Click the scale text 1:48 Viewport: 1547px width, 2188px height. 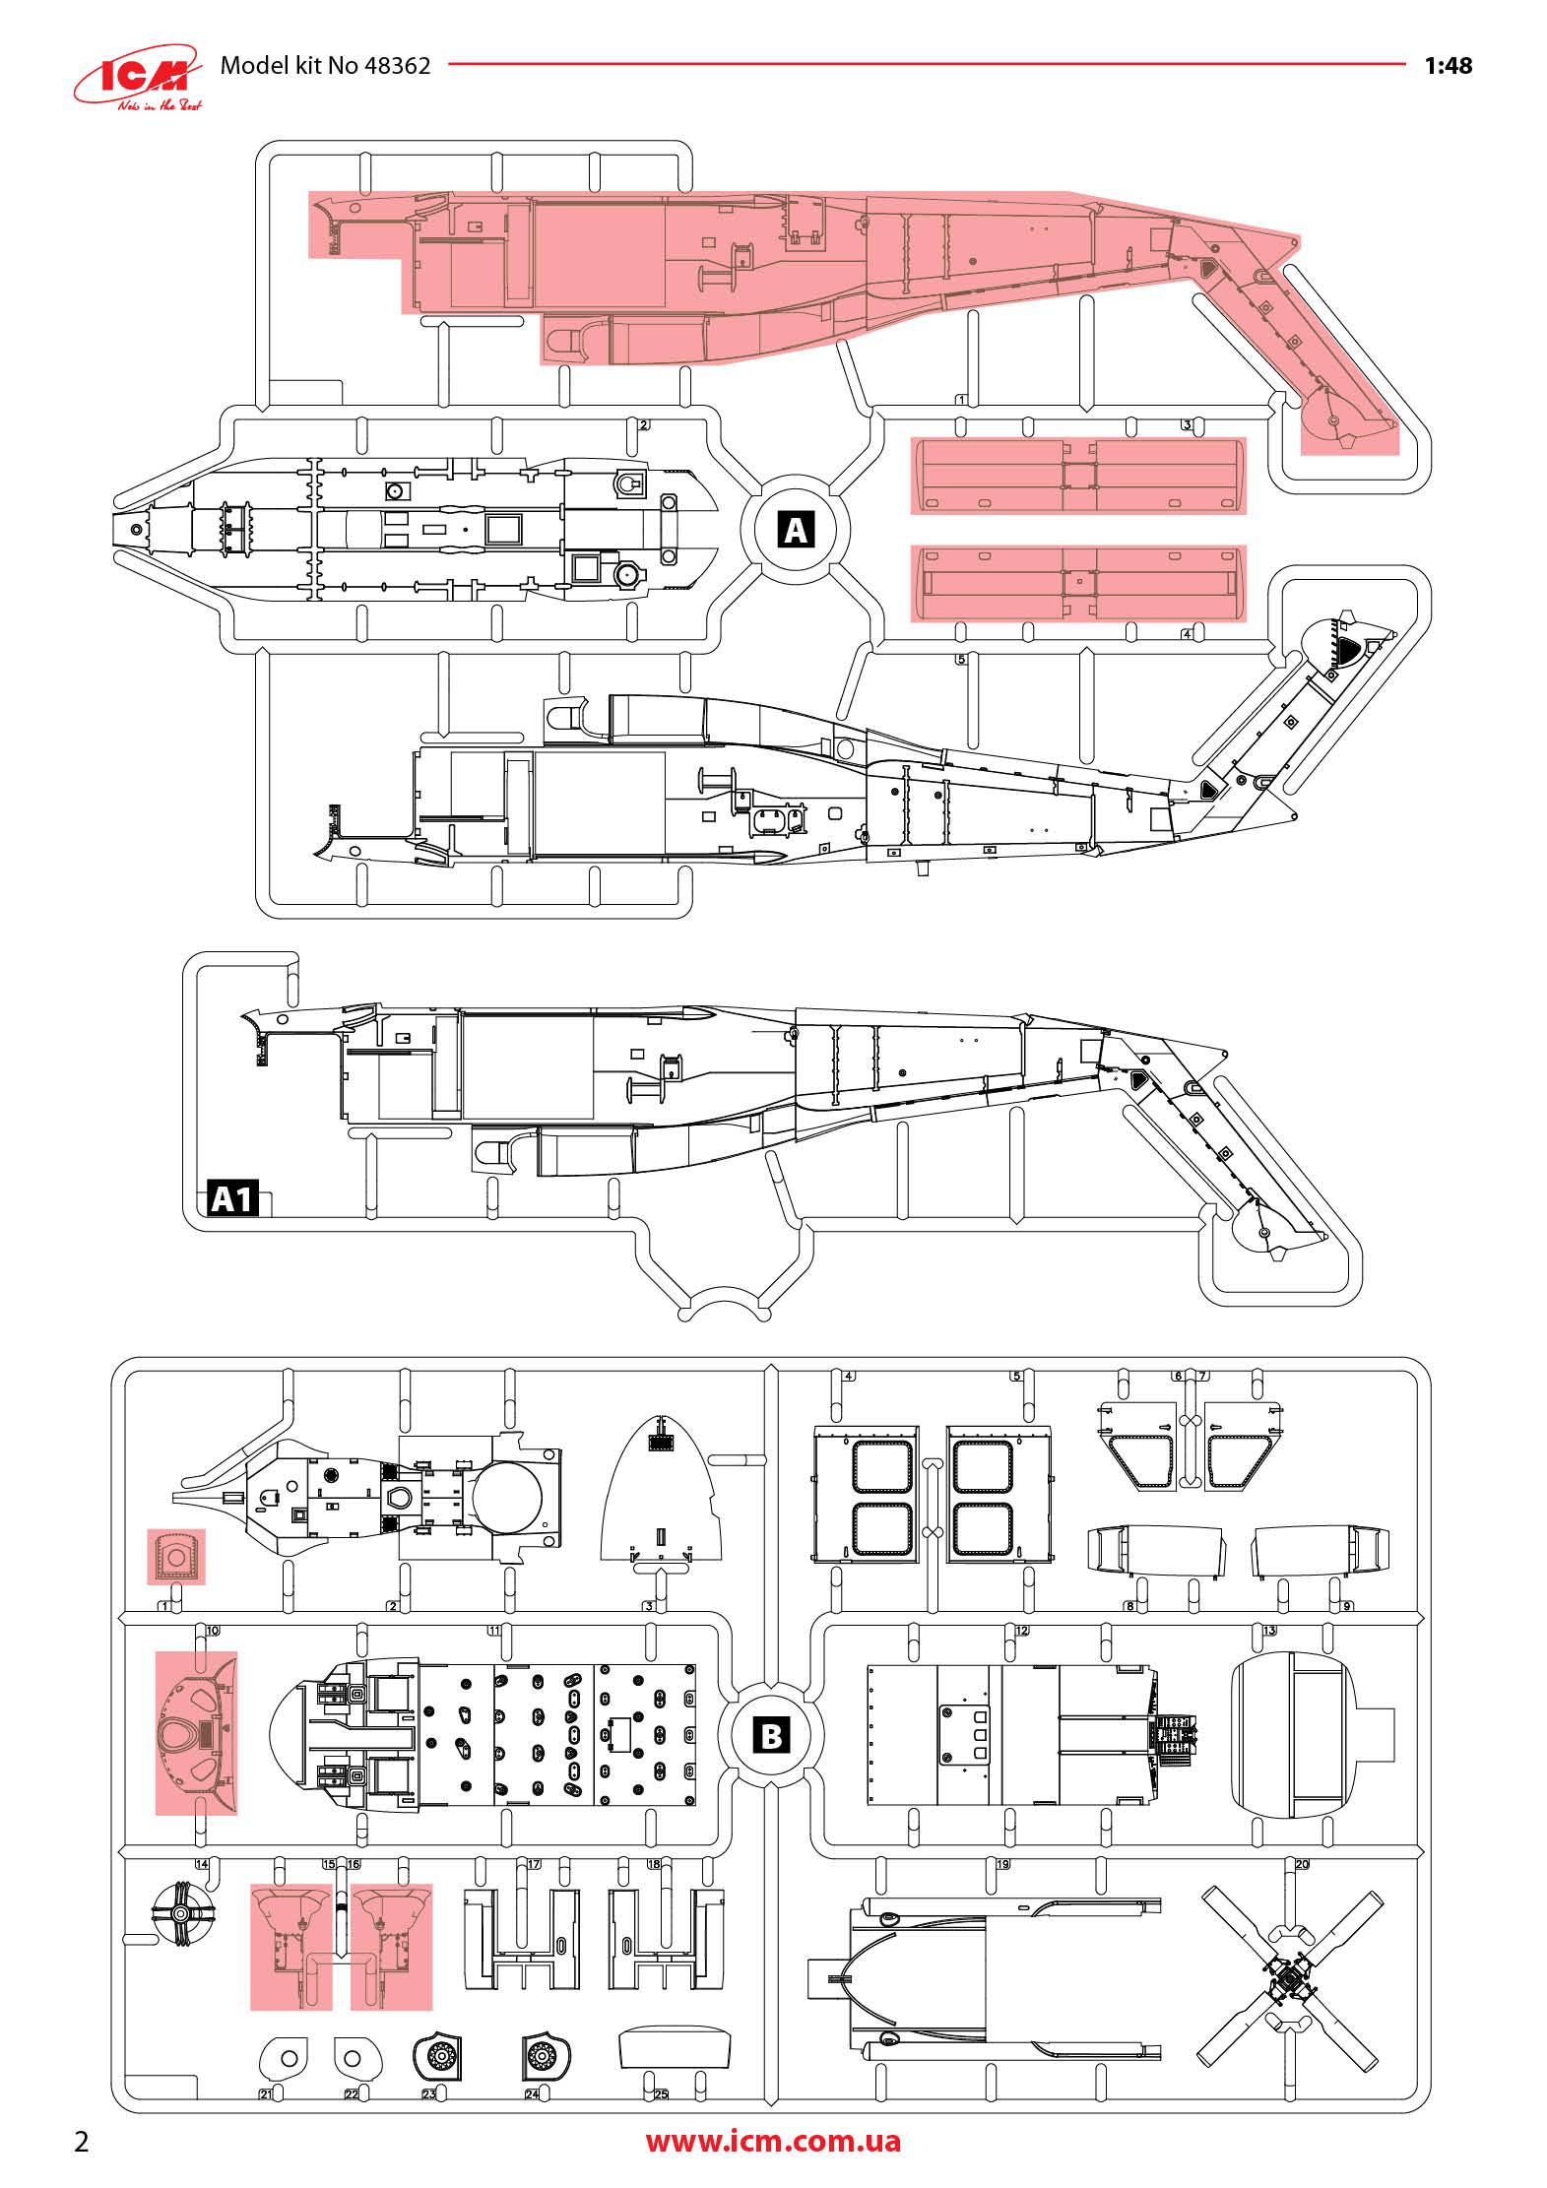click(1449, 66)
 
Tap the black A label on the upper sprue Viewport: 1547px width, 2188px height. click(796, 531)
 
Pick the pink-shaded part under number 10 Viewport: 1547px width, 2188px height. click(197, 1733)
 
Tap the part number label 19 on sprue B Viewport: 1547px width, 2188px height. click(1003, 1864)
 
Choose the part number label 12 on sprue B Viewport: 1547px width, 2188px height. click(1022, 1631)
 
